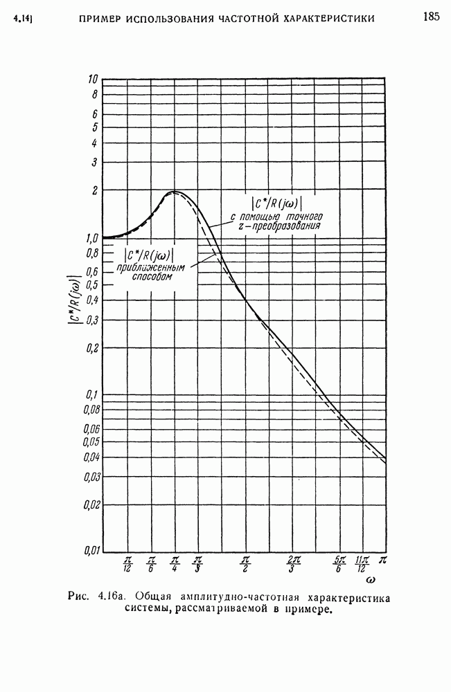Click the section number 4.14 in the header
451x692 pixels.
(24, 18)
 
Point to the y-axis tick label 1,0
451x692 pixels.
(90, 238)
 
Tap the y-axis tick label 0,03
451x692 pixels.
(90, 476)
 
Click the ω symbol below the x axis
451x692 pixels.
(371, 580)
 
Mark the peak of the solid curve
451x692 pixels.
(175, 192)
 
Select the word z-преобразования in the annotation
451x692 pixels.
(286, 226)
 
